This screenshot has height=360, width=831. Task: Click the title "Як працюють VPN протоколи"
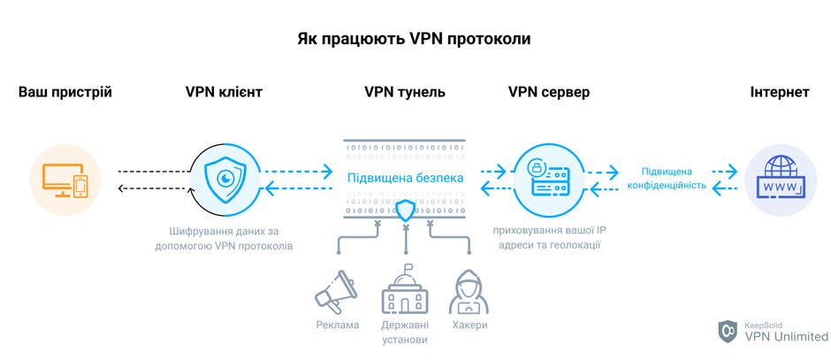point(414,40)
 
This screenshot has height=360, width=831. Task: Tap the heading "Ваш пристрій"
point(65,92)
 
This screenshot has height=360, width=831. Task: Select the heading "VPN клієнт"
point(224,92)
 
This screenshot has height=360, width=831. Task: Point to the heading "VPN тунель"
point(405,92)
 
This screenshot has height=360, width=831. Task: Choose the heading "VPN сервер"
point(548,92)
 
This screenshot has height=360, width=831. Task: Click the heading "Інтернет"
point(780,92)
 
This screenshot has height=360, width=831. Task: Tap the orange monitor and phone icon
point(65,180)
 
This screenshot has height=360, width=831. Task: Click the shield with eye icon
point(225,180)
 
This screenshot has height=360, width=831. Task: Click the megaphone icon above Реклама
point(335,293)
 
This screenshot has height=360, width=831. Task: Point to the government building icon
point(406,289)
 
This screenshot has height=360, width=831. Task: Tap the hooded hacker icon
point(469,292)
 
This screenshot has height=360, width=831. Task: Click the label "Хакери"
point(469,325)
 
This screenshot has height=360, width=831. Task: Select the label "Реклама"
point(337,325)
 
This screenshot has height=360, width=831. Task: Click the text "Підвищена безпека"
point(406,178)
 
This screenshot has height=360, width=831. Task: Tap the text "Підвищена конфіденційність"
point(667,179)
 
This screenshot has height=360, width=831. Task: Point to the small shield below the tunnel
point(406,211)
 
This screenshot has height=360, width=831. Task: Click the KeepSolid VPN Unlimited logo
point(772,332)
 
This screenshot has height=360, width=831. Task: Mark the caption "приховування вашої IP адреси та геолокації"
point(548,239)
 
